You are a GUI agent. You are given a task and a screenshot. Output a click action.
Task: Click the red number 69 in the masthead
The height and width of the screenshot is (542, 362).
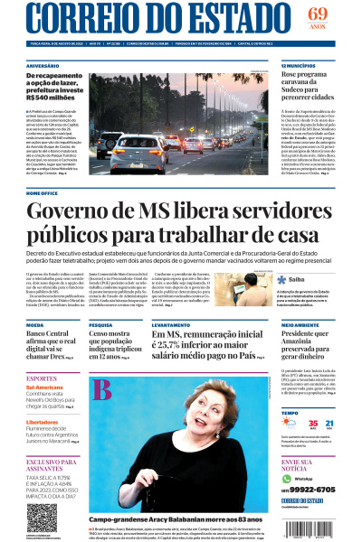[x=317, y=14]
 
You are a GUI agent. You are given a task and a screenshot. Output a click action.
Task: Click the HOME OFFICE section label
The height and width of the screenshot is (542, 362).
[x=43, y=192]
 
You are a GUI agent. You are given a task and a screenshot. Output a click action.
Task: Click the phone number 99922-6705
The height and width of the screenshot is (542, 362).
[x=307, y=489]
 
